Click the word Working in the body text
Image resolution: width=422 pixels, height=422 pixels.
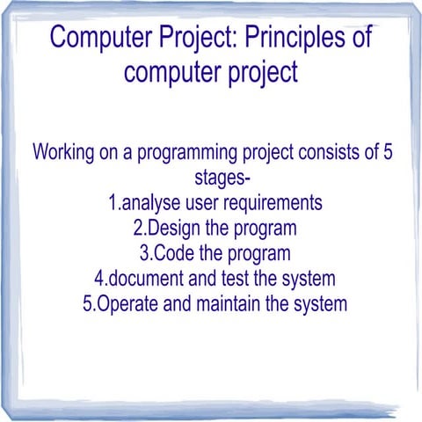(65, 152)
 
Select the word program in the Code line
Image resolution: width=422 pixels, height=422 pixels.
(258, 254)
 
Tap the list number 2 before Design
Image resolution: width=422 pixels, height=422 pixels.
(138, 229)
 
